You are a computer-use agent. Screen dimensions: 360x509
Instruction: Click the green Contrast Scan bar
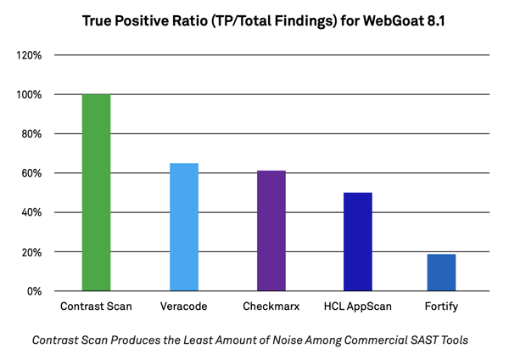tap(96, 193)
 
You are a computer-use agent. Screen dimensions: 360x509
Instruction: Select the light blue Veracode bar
tap(184, 227)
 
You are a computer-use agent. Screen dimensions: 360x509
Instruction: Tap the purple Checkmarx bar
tap(271, 231)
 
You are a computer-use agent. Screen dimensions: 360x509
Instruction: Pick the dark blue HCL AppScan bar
tap(358, 242)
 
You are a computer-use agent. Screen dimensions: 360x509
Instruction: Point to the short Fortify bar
tap(442, 273)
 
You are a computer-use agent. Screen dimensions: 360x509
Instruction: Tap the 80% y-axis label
tap(31, 134)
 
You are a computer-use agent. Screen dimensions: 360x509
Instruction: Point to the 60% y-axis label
tap(31, 173)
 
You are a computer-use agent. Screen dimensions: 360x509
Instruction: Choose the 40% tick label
tap(31, 212)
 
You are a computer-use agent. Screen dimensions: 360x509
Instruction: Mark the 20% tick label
tap(31, 252)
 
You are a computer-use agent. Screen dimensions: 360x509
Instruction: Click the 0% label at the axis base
tap(35, 291)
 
